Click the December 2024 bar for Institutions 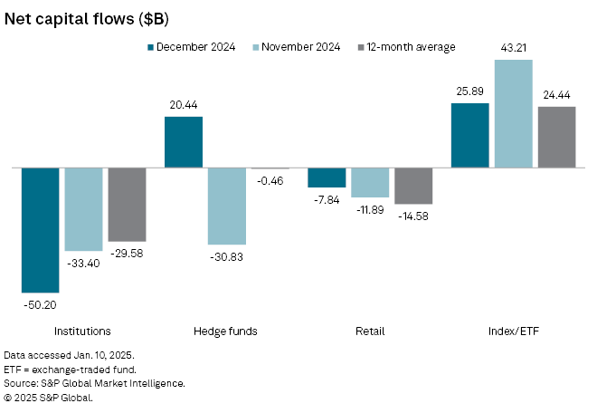tap(40, 230)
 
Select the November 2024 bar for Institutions tap(83, 209)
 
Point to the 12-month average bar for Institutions tap(127, 205)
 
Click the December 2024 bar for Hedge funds tap(184, 142)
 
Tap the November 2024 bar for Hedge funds tap(227, 206)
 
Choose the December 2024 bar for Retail tap(327, 178)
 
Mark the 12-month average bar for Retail tap(413, 186)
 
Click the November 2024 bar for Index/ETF tap(513, 113)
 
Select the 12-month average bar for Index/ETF tap(556, 137)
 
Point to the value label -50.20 tap(40, 306)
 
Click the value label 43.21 tap(513, 45)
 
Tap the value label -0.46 tap(270, 182)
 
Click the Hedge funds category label tap(226, 331)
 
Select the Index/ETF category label tap(513, 331)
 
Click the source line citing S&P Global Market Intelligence tap(94, 384)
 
